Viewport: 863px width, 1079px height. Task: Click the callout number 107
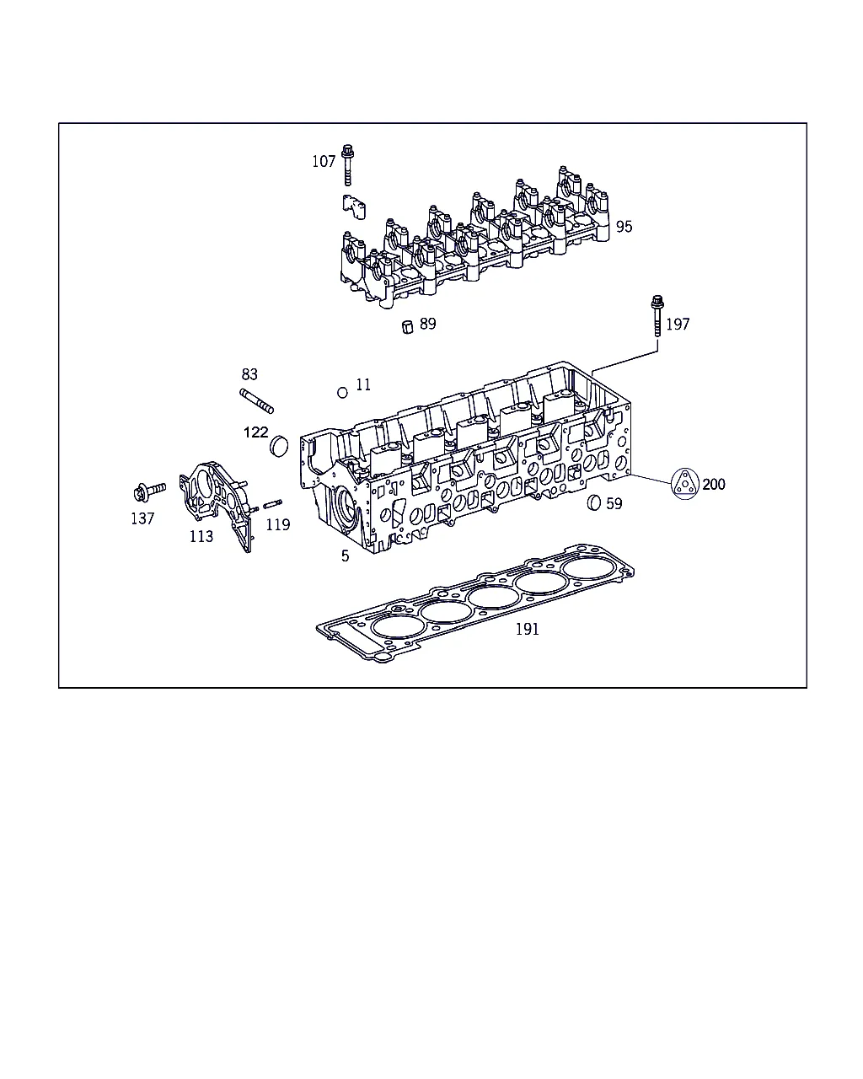[x=324, y=162]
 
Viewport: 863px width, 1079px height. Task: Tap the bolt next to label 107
[x=347, y=165]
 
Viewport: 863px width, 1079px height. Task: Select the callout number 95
[x=624, y=227]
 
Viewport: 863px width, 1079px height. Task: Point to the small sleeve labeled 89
[x=408, y=327]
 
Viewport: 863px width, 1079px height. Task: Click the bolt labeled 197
[x=657, y=316]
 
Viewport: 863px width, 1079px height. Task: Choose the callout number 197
[x=678, y=325]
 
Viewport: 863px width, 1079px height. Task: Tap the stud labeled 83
[x=257, y=401]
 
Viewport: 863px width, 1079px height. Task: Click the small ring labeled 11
[x=342, y=393]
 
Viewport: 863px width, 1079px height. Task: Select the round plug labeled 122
[x=279, y=446]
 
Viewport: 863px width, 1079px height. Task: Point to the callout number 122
[x=255, y=432]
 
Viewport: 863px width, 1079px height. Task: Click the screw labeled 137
[x=149, y=491]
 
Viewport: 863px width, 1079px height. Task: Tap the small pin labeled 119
[x=273, y=503]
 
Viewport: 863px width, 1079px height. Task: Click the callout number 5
[x=345, y=556]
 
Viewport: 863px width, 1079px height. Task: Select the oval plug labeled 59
[x=593, y=502]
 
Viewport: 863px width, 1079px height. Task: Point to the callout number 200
[x=714, y=485]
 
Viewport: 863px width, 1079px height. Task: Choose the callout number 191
[x=528, y=629]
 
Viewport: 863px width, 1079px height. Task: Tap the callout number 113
[x=201, y=536]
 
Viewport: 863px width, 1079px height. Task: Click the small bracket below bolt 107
[x=354, y=207]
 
